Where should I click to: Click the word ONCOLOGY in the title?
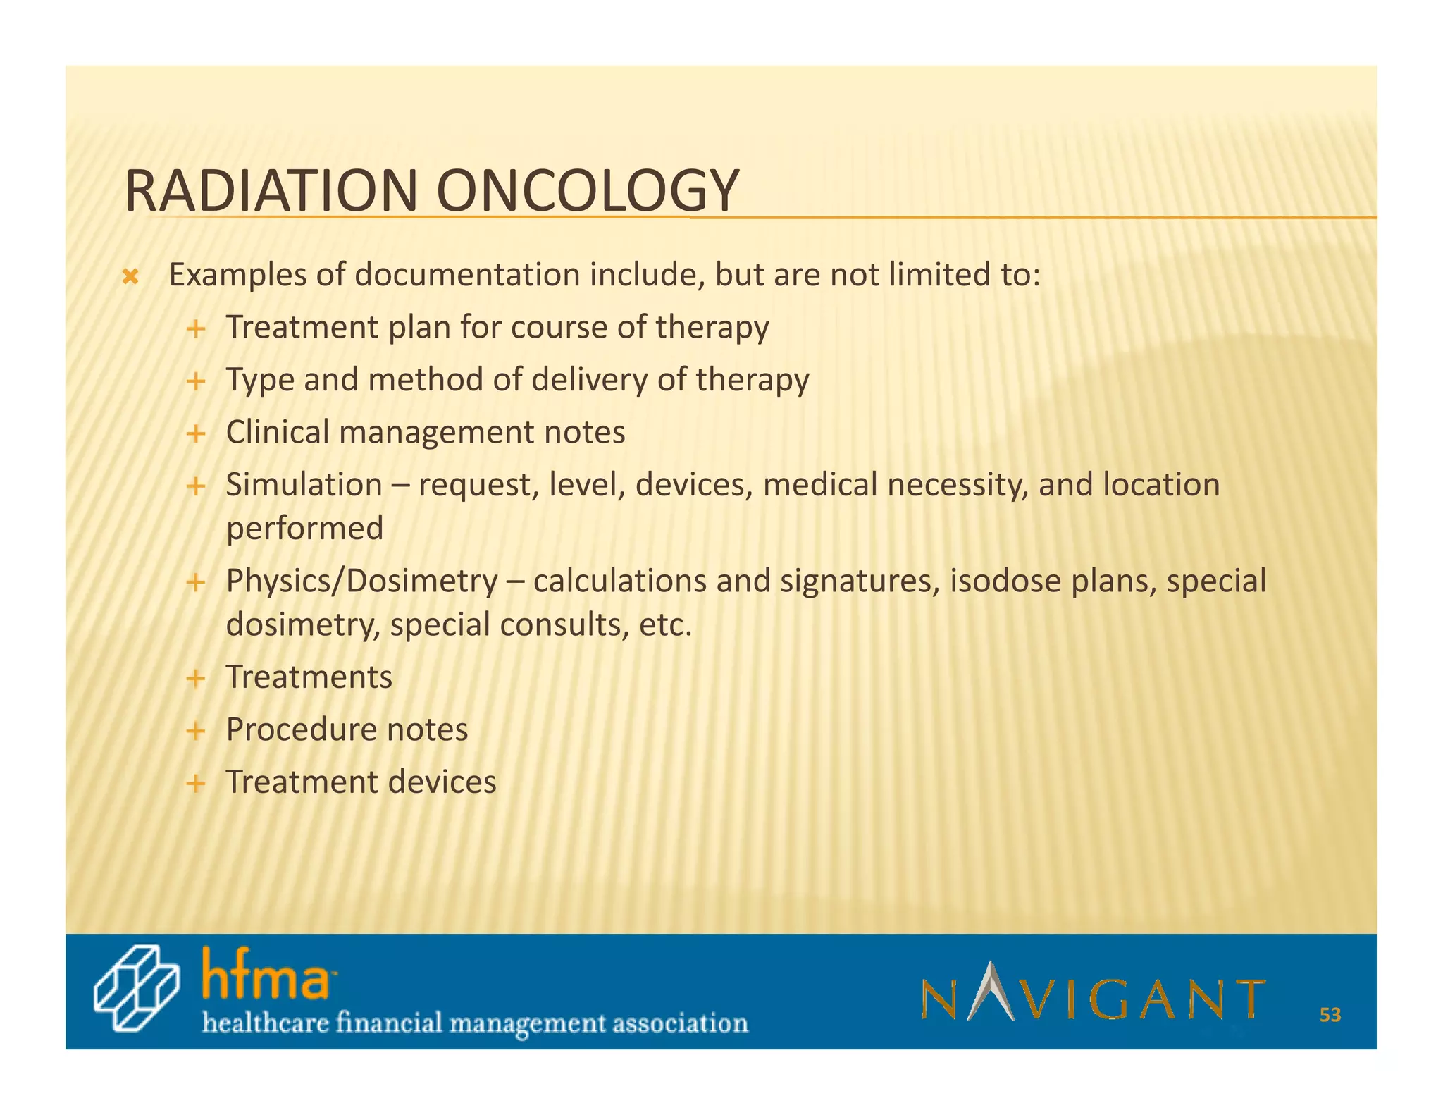(588, 191)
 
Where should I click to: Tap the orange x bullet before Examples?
(130, 277)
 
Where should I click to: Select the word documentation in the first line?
(468, 275)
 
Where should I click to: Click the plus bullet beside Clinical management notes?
(195, 433)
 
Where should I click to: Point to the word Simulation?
(304, 485)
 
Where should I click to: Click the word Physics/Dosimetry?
(361, 581)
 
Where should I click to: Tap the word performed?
(304, 529)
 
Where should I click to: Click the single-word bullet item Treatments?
(309, 677)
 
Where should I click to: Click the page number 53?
(1330, 1015)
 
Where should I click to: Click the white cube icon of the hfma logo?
(135, 989)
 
